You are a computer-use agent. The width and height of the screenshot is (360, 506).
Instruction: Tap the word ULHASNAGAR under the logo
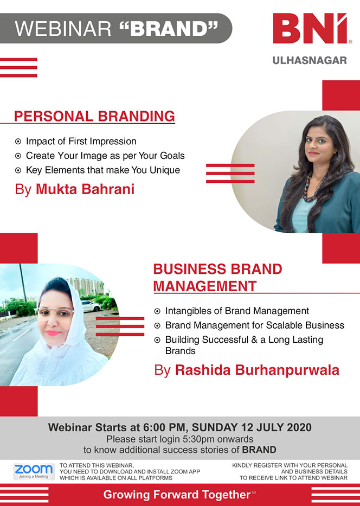[310, 60]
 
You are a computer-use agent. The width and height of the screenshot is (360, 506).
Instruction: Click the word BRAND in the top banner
[169, 29]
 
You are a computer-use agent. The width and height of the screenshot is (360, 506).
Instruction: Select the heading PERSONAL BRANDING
[94, 116]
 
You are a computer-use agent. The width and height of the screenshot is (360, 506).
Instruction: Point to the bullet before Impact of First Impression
[18, 142]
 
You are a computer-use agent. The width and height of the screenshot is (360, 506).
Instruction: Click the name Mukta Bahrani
[85, 189]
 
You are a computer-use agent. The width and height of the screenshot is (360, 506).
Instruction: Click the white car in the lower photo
[91, 306]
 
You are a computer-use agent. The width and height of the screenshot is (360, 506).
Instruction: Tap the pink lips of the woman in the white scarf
[53, 332]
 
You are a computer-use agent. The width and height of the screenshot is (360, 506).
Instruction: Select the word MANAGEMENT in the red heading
[205, 286]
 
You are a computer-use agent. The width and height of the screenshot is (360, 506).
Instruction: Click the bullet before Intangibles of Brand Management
[157, 311]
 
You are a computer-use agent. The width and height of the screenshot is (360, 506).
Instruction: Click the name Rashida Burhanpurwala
[257, 370]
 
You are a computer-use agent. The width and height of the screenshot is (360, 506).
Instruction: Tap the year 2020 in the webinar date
[299, 427]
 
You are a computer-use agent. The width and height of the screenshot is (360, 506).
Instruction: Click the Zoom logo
[34, 471]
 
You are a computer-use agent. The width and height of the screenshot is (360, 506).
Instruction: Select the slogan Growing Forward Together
[177, 495]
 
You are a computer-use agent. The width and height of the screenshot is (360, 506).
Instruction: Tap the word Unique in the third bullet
[165, 170]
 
